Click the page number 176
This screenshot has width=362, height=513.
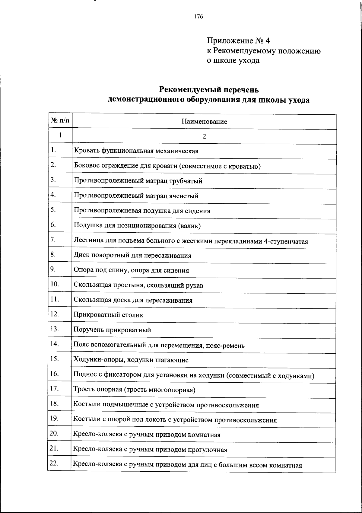(198, 17)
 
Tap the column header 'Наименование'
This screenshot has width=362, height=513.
(204, 122)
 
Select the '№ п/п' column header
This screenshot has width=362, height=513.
(60, 121)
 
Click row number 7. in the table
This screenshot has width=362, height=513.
(53, 240)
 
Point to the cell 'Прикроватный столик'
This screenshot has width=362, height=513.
(108, 315)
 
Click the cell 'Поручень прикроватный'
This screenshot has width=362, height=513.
(112, 330)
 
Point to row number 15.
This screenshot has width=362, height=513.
(54, 359)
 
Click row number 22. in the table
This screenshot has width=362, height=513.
(54, 464)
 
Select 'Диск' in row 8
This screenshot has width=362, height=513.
(81, 256)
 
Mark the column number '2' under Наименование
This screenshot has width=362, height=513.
(204, 136)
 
